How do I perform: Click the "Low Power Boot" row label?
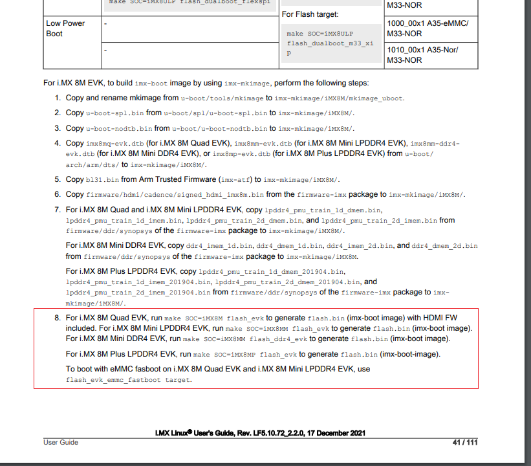tap(65, 28)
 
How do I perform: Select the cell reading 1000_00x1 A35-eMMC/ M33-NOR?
tap(427, 28)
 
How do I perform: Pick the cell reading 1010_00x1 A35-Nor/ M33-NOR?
tap(423, 55)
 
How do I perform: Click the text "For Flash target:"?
tap(310, 14)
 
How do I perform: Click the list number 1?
tap(58, 98)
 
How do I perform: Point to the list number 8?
tap(58, 318)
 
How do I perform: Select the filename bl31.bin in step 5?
tap(102, 179)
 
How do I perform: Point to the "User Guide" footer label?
tap(61, 443)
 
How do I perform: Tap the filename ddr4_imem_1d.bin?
tap(220, 247)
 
